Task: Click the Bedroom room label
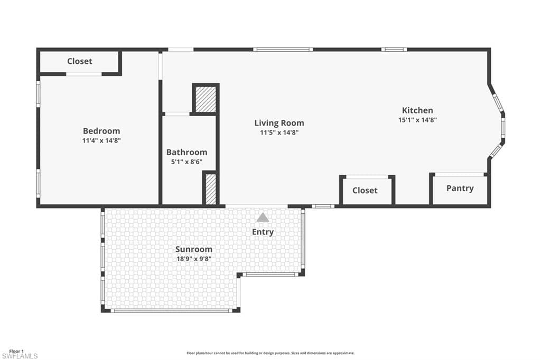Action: [x=101, y=131]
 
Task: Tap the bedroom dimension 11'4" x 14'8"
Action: [x=101, y=140]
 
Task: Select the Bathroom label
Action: [x=186, y=152]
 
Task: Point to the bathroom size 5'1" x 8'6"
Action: [x=186, y=162]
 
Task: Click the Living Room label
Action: [x=279, y=123]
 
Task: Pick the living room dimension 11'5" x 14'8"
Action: [x=279, y=132]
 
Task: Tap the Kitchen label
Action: [x=417, y=110]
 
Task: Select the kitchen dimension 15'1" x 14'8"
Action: [x=417, y=120]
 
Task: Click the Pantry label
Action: [x=460, y=188]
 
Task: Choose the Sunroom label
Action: [x=194, y=249]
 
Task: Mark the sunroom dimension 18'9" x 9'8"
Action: [x=194, y=259]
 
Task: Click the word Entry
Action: [x=263, y=232]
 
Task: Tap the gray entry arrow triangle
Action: [x=263, y=217]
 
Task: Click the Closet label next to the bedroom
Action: [x=79, y=61]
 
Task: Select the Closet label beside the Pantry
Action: [x=365, y=190]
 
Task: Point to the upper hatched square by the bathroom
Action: [x=206, y=98]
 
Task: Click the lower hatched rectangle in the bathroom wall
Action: [x=210, y=188]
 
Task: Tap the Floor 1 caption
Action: [x=16, y=350]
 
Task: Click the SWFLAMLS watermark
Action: [x=20, y=356]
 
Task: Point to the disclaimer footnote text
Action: [x=270, y=353]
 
